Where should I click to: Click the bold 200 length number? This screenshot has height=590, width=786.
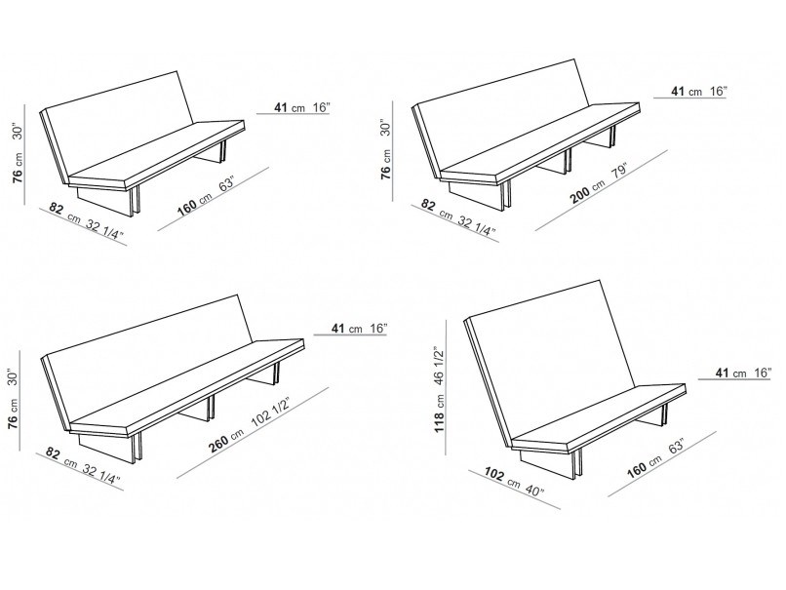click(581, 194)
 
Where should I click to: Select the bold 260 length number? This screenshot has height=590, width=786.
click(219, 443)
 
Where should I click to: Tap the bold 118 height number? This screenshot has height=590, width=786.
click(439, 421)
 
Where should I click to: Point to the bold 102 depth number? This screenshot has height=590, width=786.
click(494, 474)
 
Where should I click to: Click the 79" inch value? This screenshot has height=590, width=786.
click(618, 172)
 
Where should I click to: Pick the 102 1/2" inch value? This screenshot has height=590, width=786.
click(270, 413)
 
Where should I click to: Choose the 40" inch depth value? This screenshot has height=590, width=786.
click(534, 491)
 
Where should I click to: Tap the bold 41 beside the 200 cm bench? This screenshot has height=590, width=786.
click(678, 92)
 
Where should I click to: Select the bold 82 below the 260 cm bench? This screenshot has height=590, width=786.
click(53, 453)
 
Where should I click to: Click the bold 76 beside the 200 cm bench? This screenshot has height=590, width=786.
click(385, 172)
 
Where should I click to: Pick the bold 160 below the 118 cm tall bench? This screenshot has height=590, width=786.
click(637, 470)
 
